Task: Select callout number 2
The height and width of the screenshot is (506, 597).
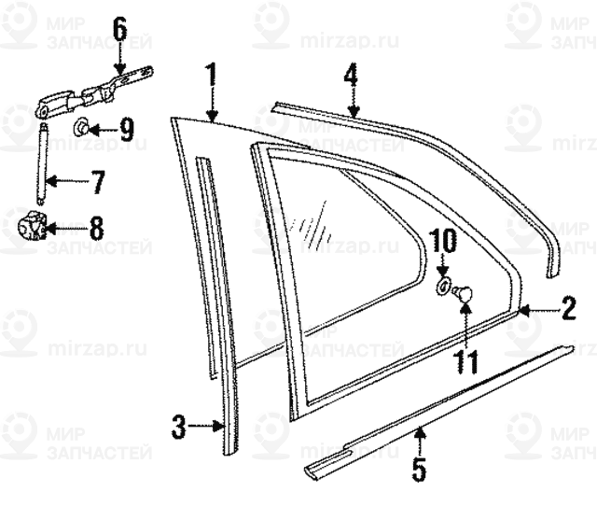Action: tap(568, 309)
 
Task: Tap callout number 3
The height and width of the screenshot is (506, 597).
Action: tap(180, 429)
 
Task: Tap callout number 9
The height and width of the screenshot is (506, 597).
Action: tap(126, 129)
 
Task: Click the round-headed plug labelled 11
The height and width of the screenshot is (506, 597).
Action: tap(463, 296)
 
